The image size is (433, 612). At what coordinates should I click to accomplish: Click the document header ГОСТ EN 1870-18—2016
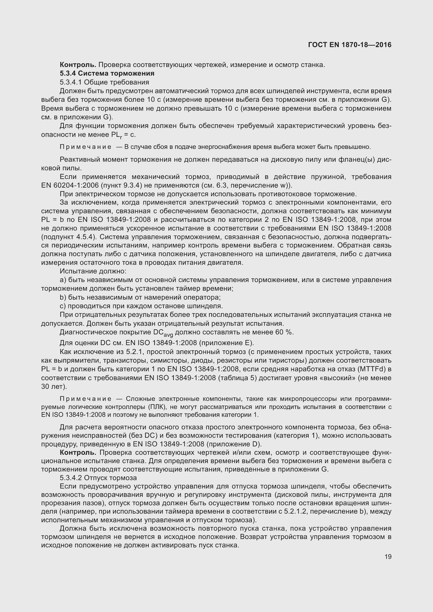click(x=349, y=45)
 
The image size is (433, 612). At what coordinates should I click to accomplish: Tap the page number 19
click(x=388, y=557)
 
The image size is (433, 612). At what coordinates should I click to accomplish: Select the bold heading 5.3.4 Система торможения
click(x=107, y=73)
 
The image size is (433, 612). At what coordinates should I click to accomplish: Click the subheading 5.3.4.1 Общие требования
click(x=104, y=82)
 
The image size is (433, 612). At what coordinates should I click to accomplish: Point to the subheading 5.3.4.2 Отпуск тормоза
click(x=98, y=478)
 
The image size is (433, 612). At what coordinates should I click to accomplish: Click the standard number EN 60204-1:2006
click(x=69, y=186)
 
